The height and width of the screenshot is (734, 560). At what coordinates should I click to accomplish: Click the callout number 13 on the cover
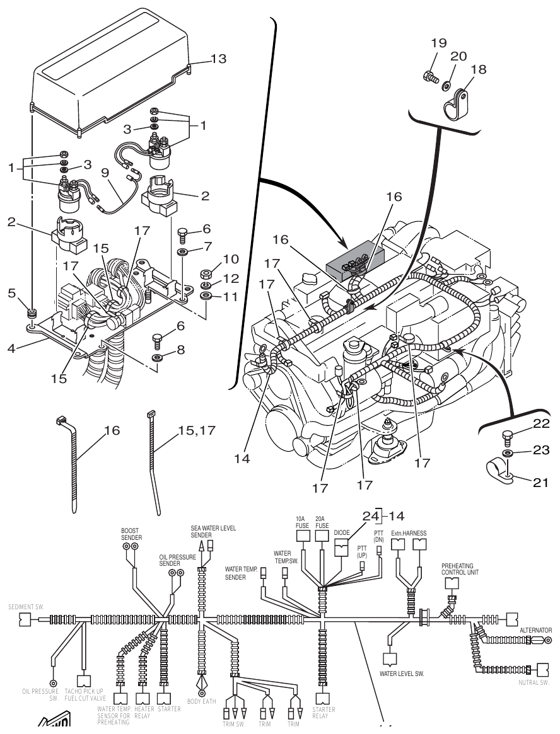tap(218, 59)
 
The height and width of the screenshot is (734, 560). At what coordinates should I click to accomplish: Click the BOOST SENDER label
tap(131, 534)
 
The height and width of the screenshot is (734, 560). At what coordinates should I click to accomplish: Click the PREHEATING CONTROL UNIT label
tap(458, 570)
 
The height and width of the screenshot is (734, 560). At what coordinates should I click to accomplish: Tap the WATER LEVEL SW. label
tap(401, 673)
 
